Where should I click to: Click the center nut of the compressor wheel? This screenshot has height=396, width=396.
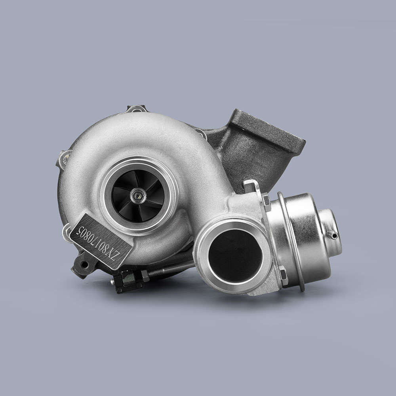click(x=138, y=195)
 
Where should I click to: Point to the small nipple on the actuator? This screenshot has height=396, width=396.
click(x=333, y=235)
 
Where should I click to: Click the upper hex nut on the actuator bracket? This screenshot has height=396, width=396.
click(x=267, y=202)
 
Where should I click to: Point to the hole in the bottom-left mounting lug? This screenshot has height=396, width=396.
click(x=84, y=265)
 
